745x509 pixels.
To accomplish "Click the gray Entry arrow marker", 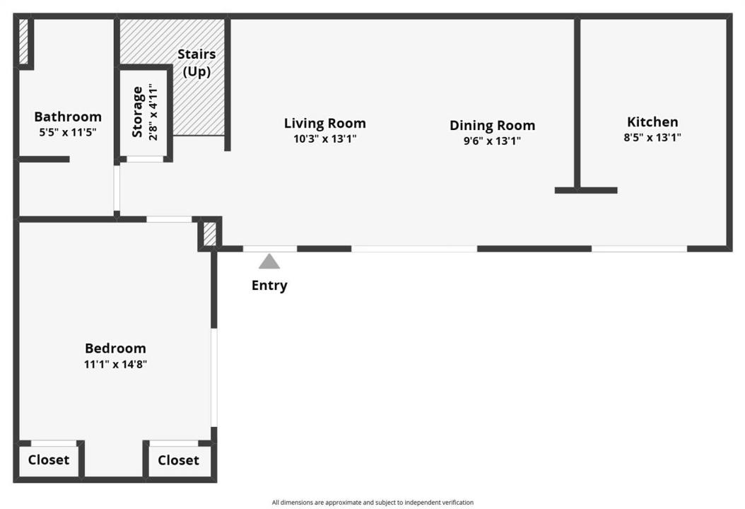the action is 269,262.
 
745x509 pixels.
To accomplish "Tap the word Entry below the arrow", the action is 269,285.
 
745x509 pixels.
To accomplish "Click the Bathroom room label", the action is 68,117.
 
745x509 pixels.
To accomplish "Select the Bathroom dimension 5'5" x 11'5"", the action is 68,132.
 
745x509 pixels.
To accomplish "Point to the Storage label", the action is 137,112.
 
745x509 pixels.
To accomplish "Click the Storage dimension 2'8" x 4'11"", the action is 153,112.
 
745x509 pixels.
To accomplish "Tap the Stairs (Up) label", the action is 196,63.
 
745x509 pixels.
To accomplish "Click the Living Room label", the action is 325,123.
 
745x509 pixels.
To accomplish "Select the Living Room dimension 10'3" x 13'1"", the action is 325,139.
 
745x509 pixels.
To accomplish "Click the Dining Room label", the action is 492,125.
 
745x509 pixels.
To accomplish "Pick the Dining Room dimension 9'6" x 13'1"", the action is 492,141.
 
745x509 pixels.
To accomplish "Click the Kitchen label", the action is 652,122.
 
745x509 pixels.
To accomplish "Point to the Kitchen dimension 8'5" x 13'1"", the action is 652,137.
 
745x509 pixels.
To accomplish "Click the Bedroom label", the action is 115,349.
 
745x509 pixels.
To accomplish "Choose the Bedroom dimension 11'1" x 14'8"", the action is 115,365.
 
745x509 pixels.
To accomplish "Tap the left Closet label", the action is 49,460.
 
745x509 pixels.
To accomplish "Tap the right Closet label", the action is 178,460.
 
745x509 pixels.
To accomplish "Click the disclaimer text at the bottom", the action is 372,503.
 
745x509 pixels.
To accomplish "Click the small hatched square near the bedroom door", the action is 209,234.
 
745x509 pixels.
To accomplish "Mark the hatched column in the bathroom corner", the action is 23,41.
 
